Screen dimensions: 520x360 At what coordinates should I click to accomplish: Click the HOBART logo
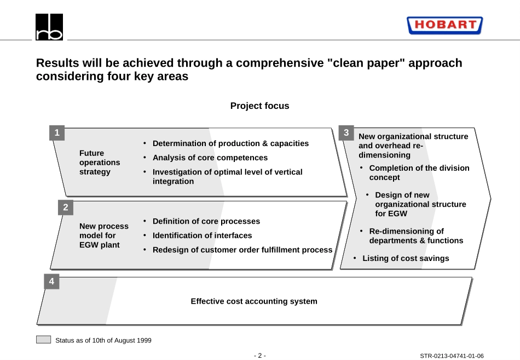[444, 25]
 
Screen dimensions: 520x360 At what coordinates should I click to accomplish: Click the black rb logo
[49, 27]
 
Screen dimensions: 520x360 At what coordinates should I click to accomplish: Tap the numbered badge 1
[57, 133]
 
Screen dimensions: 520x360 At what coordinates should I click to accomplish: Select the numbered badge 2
[66, 207]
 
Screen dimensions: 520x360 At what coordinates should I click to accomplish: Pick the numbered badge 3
[346, 133]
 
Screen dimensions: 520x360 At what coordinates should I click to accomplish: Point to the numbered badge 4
[52, 281]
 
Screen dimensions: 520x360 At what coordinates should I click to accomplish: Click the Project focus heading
[259, 106]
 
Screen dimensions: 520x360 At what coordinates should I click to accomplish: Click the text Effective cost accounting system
[254, 301]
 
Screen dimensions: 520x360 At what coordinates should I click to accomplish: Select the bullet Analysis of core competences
[210, 158]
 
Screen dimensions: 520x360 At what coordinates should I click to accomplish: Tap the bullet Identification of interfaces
[203, 236]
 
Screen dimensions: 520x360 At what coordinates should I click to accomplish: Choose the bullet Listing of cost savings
[406, 258]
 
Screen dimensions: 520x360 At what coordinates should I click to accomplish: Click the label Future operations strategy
[100, 162]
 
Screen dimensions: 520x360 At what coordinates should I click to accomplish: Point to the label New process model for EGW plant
[104, 235]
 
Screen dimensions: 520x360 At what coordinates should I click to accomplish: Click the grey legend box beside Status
[43, 339]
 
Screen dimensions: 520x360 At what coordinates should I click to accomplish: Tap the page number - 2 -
[259, 356]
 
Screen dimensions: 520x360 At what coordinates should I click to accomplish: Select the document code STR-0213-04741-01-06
[452, 356]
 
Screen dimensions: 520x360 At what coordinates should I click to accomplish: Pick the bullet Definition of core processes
[206, 222]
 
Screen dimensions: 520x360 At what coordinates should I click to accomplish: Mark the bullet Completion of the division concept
[419, 173]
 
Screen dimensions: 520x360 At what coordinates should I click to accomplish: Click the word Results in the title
[57, 63]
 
